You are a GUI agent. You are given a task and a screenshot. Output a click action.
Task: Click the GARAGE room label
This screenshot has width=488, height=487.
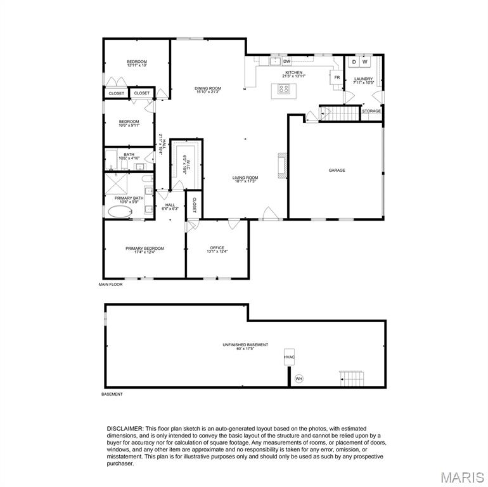(x=337, y=170)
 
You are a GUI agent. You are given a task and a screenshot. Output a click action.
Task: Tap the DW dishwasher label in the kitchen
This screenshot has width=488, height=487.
(x=286, y=62)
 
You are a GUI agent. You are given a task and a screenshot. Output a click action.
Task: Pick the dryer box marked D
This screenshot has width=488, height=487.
(x=354, y=62)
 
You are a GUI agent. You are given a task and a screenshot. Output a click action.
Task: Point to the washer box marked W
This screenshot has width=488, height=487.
(x=365, y=62)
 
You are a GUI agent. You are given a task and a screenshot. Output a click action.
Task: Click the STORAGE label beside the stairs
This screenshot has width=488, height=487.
(x=371, y=111)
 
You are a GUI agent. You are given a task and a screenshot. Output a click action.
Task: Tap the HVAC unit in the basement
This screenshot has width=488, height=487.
(x=289, y=357)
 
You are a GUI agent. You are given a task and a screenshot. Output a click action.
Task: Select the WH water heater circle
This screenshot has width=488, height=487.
(x=299, y=379)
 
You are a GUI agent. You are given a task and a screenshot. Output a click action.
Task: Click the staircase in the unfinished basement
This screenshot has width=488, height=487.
(x=350, y=379)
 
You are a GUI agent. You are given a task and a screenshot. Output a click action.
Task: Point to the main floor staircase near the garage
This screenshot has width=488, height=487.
(x=341, y=114)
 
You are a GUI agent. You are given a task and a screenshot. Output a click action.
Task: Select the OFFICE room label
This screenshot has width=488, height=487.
(x=217, y=249)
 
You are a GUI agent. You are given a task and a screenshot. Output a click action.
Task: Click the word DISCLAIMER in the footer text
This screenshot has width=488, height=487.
(x=125, y=429)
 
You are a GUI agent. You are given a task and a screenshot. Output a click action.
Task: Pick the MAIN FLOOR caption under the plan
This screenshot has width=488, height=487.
(x=110, y=285)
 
